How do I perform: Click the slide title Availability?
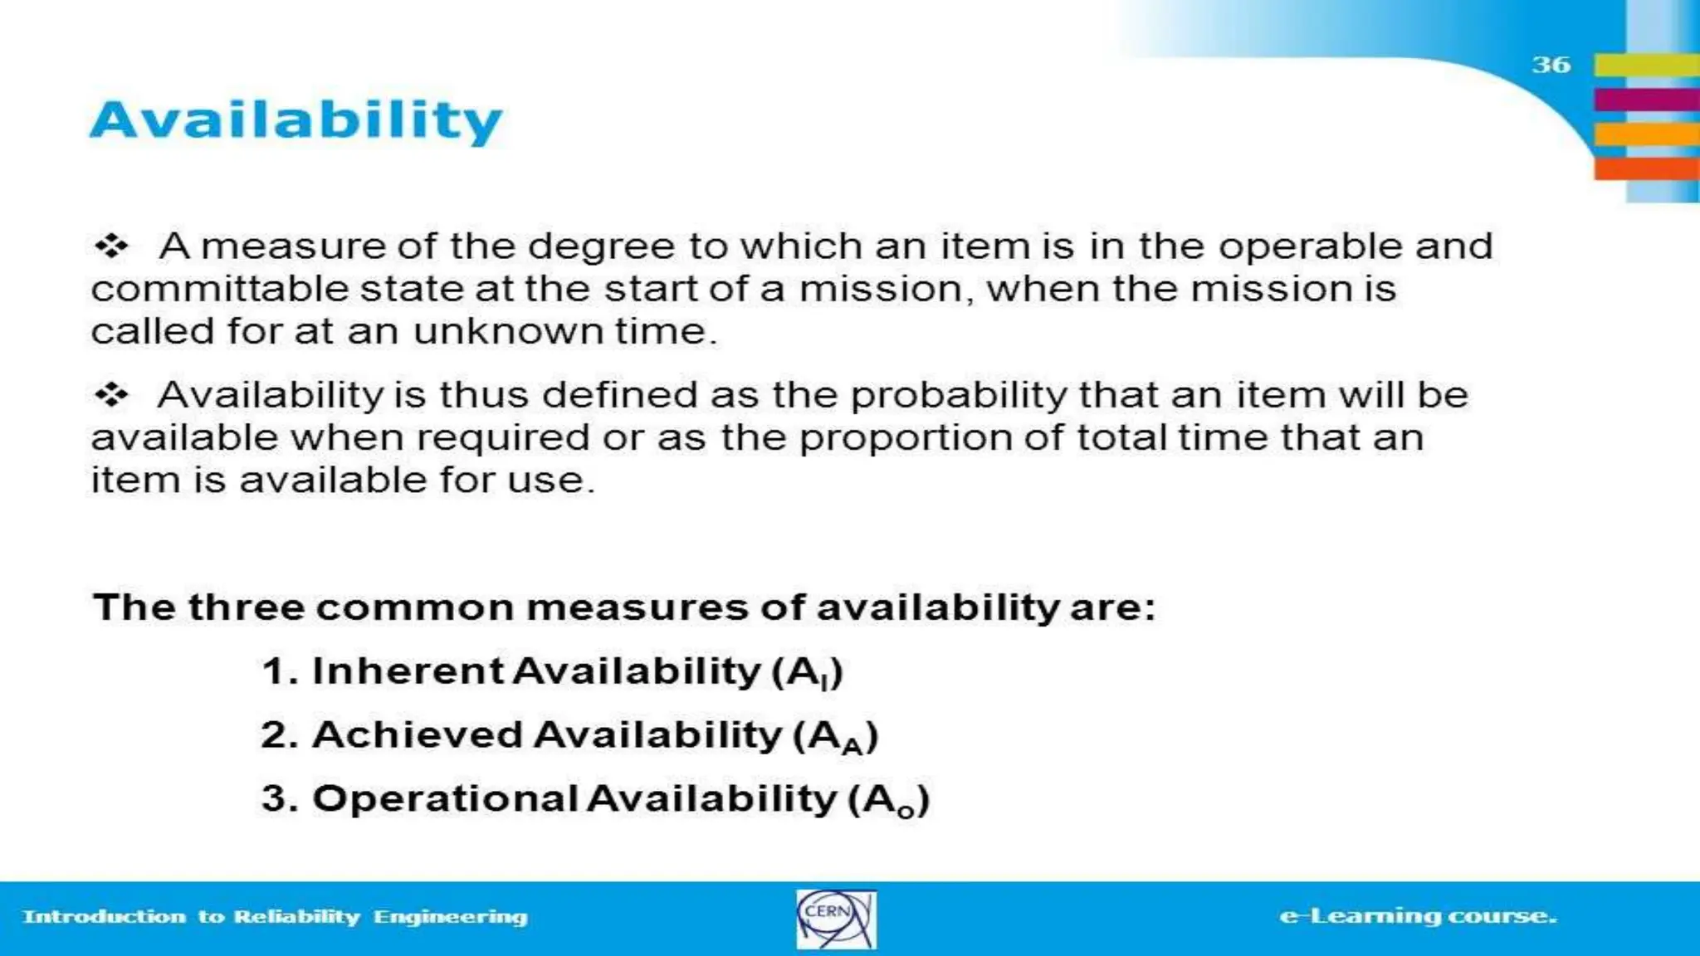click(296, 121)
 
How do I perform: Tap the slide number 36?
click(1551, 65)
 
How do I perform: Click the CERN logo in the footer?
click(836, 919)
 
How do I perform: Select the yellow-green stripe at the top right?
click(1646, 65)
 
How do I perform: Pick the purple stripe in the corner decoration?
click(1646, 100)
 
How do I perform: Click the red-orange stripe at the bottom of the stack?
click(1646, 168)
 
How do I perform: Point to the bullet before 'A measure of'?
click(111, 246)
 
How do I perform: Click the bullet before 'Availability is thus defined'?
click(111, 394)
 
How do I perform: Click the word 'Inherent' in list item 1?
click(408, 671)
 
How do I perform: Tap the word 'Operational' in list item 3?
click(445, 798)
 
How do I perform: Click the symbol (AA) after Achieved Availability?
click(836, 736)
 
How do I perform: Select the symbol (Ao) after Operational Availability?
click(889, 800)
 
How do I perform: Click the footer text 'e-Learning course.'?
click(1418, 916)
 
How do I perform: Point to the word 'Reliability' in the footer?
click(296, 916)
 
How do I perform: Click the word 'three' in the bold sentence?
click(246, 607)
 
